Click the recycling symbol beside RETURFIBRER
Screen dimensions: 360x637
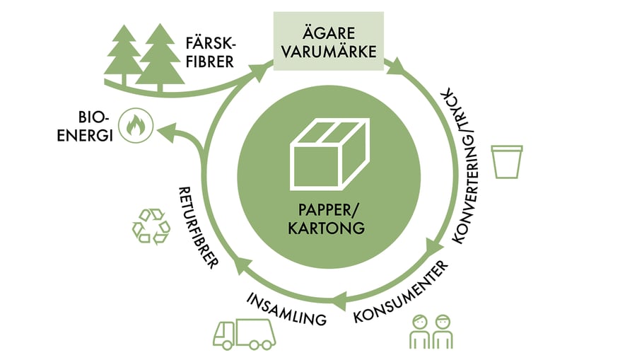(151, 226)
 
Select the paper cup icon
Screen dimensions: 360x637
(508, 162)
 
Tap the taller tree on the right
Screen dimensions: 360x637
(160, 57)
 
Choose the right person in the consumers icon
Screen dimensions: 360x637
(443, 330)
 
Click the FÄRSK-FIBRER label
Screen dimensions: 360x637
(211, 50)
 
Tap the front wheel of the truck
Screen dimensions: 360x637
(227, 345)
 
